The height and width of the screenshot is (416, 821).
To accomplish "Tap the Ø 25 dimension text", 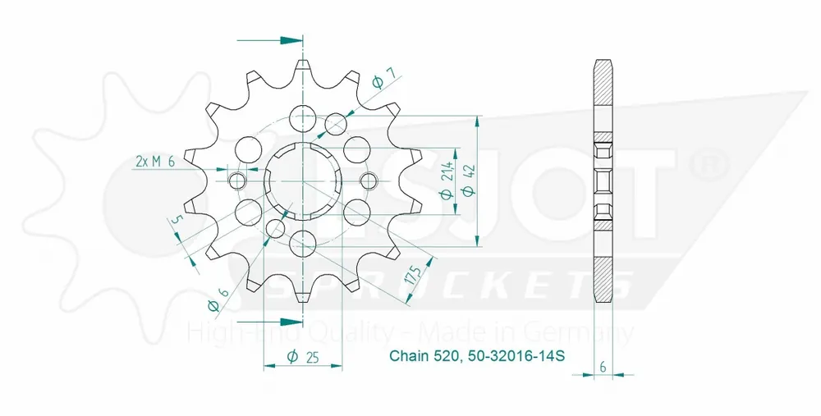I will pyautogui.click(x=304, y=356).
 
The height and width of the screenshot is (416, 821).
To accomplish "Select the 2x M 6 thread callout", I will pyautogui.click(x=154, y=162).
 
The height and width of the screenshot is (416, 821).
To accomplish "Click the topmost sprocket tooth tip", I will pyautogui.click(x=303, y=62).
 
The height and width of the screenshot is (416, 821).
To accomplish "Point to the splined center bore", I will pyautogui.click(x=303, y=180).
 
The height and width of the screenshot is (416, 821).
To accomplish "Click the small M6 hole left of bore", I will pyautogui.click(x=237, y=181).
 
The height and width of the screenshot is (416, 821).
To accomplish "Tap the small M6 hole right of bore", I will pyautogui.click(x=369, y=181).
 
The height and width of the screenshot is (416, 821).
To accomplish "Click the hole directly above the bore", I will pyautogui.click(x=303, y=115).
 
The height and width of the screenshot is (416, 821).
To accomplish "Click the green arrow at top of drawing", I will pyautogui.click(x=288, y=39).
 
